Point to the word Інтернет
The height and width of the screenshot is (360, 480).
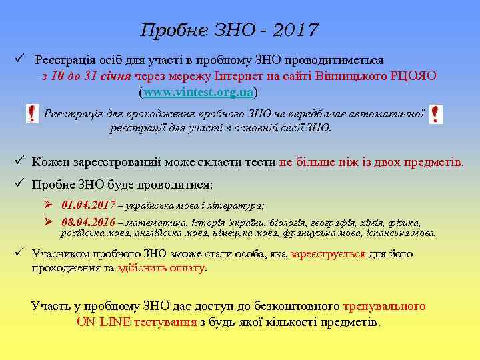[247, 75]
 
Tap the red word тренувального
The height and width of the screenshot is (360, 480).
[384, 307]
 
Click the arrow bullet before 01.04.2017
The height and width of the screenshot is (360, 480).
[49, 205]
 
